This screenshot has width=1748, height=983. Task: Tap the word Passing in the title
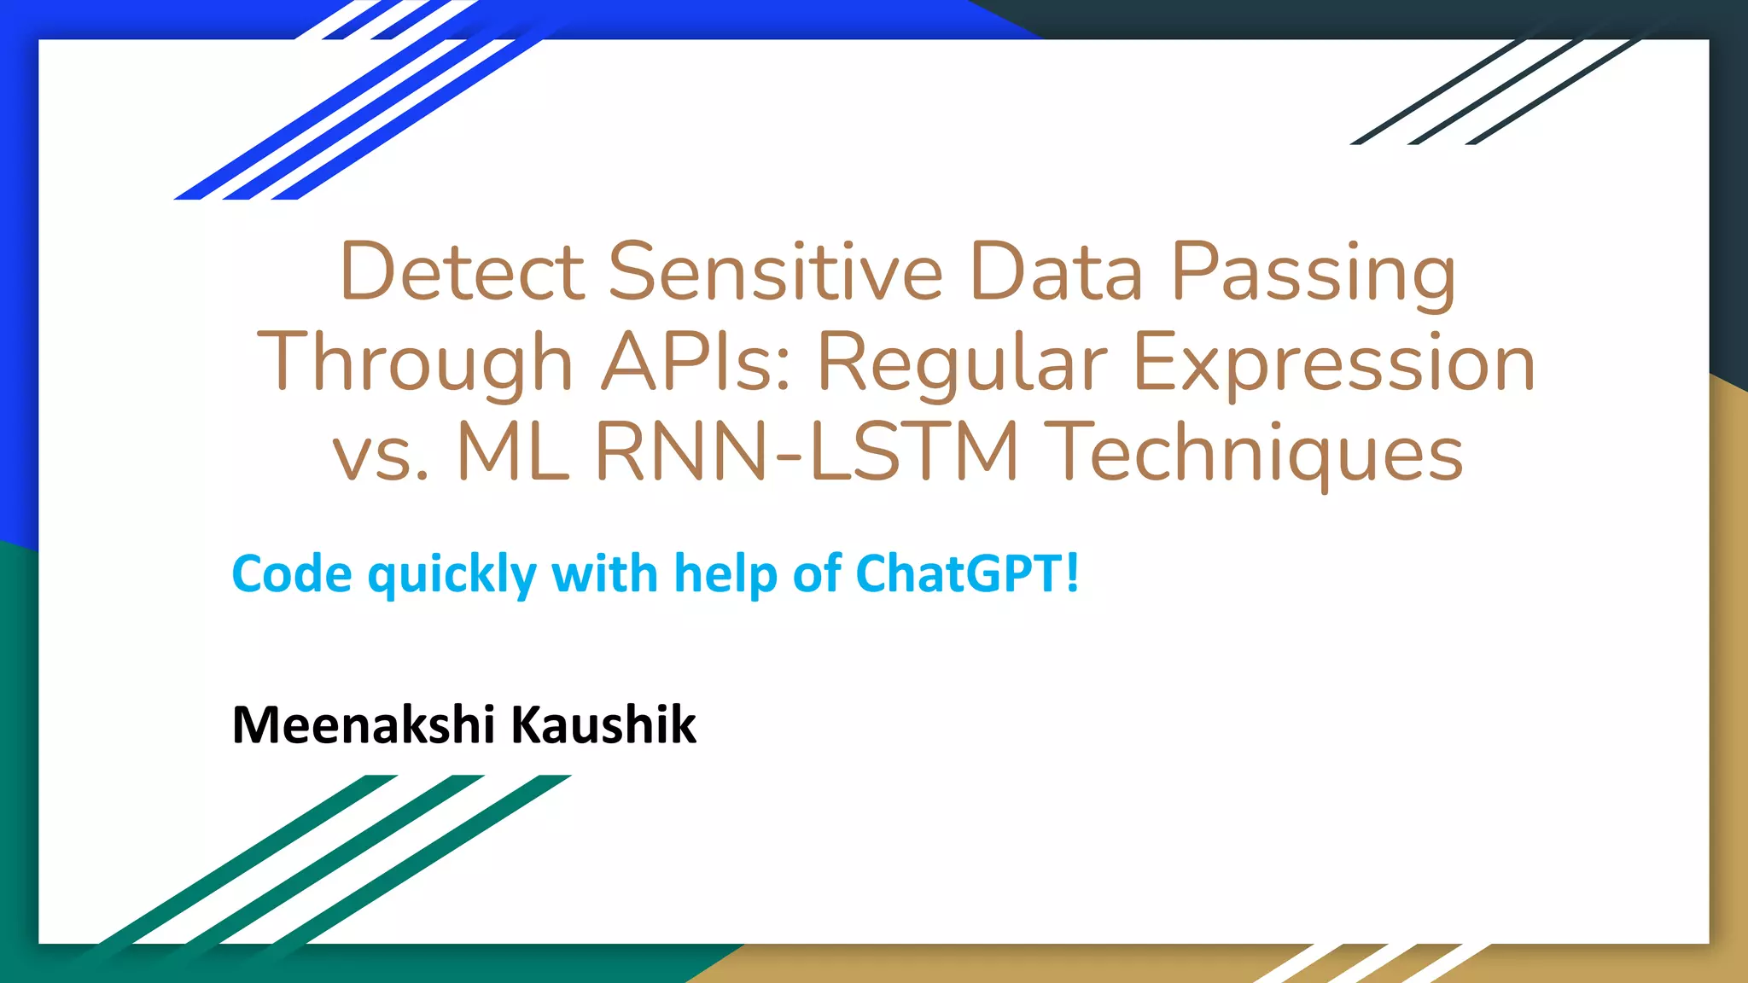[1313, 275]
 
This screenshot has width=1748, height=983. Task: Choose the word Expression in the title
[1334, 365]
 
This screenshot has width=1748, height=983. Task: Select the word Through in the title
[415, 365]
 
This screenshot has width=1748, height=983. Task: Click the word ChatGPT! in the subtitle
[967, 573]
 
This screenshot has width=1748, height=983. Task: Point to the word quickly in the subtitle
[452, 575]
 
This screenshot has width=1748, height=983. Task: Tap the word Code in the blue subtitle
[292, 573]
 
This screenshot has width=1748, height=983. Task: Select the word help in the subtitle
[725, 574]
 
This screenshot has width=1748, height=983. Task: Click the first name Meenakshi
[363, 724]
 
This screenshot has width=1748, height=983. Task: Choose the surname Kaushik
[603, 724]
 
